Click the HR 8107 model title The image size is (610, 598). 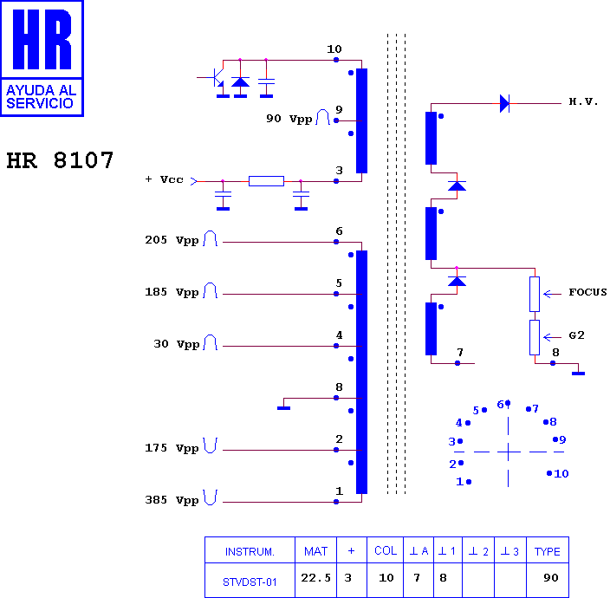(x=60, y=160)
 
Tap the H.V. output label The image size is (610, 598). (x=583, y=101)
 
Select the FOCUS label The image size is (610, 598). (x=587, y=292)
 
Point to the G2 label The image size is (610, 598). (x=576, y=335)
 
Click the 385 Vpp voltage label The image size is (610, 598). (x=172, y=500)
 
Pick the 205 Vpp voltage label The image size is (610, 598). (x=172, y=240)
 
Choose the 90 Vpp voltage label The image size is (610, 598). (x=289, y=119)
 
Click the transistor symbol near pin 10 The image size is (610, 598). (x=217, y=77)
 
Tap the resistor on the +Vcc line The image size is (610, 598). (x=267, y=181)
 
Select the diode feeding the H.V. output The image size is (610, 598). (x=504, y=103)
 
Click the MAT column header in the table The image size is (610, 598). (x=315, y=551)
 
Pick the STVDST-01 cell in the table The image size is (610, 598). (x=250, y=582)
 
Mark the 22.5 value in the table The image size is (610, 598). (x=315, y=578)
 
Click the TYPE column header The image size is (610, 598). (x=547, y=552)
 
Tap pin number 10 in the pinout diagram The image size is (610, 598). (x=561, y=473)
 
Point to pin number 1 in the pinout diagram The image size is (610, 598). (x=459, y=482)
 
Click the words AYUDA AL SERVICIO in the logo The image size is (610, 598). (x=42, y=97)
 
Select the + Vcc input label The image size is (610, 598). (x=164, y=179)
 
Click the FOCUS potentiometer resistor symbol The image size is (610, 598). (x=535, y=294)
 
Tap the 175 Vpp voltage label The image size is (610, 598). (x=172, y=448)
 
